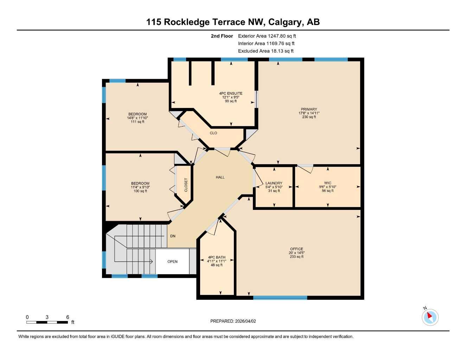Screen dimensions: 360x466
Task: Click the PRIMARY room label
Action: click(x=309, y=109)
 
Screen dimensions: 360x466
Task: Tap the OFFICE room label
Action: click(x=296, y=249)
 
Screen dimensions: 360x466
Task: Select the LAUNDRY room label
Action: click(x=274, y=183)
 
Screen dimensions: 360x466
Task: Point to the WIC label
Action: click(x=327, y=183)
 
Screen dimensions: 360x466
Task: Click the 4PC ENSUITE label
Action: click(x=231, y=94)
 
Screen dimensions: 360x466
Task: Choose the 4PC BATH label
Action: click(x=217, y=257)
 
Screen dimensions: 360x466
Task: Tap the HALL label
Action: click(x=220, y=178)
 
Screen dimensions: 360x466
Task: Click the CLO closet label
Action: click(x=213, y=133)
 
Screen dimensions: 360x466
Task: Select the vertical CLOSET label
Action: click(x=186, y=185)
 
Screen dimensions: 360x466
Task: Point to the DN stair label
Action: click(x=173, y=236)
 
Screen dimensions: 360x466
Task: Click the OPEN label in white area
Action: click(x=172, y=262)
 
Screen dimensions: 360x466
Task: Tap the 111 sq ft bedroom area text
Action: click(x=138, y=122)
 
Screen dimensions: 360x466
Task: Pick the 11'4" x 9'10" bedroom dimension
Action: click(x=140, y=187)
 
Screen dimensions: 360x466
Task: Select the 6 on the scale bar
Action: click(x=68, y=317)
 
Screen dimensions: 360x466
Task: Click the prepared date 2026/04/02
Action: click(x=245, y=321)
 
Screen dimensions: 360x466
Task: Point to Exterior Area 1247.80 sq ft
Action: click(x=267, y=36)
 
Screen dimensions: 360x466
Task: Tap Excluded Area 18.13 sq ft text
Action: click(x=266, y=51)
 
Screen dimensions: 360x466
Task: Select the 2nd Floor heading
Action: click(x=222, y=36)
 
